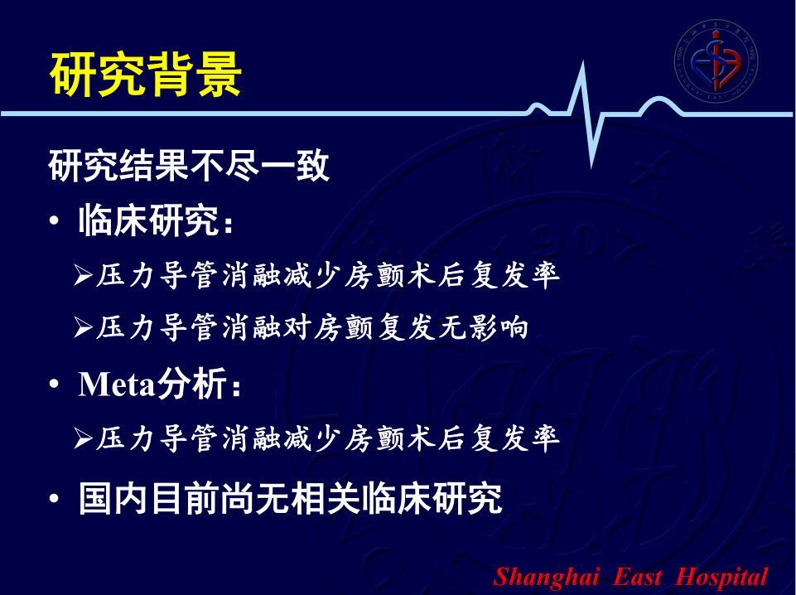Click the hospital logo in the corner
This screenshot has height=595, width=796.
pos(716,61)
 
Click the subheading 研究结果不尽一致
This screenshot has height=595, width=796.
pos(189,166)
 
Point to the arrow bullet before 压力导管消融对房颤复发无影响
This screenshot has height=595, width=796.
pos(83,327)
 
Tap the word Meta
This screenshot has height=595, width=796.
pos(116,384)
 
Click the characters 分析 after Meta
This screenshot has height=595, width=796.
pos(191,384)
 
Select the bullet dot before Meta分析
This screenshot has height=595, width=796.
pos(54,384)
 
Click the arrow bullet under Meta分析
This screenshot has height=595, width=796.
pos(83,438)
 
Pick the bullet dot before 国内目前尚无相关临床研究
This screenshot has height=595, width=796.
pos(54,499)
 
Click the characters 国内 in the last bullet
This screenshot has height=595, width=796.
pos(113,499)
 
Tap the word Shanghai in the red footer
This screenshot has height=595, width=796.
pos(546,578)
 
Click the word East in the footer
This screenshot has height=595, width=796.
pos(638,578)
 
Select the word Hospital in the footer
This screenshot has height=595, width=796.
pos(721,578)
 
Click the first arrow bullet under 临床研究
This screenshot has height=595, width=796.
pos(83,274)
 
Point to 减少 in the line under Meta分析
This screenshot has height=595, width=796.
pos(313,438)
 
